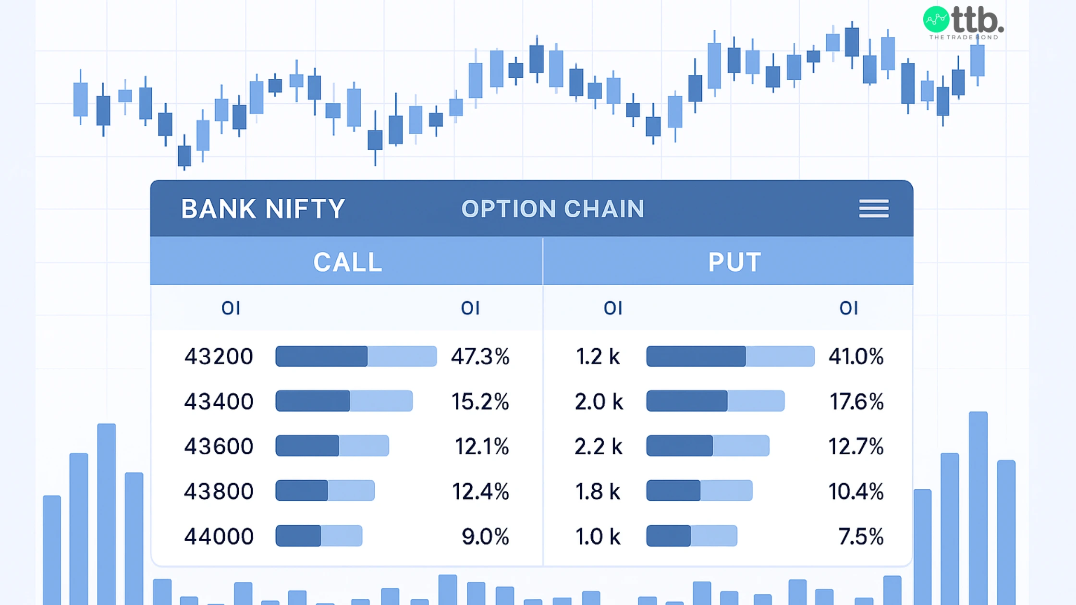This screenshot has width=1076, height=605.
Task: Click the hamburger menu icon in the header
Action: click(x=874, y=208)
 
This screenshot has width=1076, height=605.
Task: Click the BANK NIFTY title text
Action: click(x=263, y=209)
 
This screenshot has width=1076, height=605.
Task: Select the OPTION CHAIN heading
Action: click(x=552, y=209)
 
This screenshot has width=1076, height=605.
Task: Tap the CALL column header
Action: click(x=347, y=262)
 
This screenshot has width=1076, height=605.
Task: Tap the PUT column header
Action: click(x=734, y=262)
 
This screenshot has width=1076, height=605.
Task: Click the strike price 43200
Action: click(x=219, y=357)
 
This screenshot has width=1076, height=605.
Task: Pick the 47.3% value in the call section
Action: click(x=480, y=357)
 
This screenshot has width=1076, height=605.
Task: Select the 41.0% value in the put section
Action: click(x=856, y=357)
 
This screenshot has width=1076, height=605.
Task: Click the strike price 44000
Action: click(x=219, y=536)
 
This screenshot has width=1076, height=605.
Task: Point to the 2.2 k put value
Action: click(x=599, y=447)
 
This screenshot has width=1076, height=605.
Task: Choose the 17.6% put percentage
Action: click(x=856, y=401)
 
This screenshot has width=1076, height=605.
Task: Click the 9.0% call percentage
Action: click(x=485, y=536)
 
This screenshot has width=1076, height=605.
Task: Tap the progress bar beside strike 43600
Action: click(x=332, y=446)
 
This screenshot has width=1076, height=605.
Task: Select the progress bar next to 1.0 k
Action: click(x=691, y=536)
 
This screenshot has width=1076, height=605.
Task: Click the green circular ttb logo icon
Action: click(x=936, y=20)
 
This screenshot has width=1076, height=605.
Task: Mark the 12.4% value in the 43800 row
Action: click(x=480, y=491)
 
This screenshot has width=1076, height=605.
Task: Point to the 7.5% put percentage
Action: click(x=861, y=536)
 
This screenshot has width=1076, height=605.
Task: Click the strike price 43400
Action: click(x=219, y=401)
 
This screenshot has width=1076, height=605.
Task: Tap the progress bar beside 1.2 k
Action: click(x=730, y=356)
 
